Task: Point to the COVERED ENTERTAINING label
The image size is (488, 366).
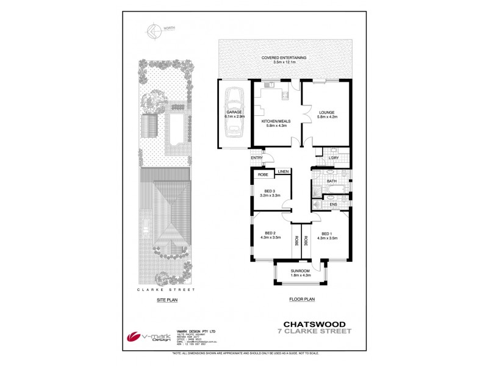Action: [284, 59]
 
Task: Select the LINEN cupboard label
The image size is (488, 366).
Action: [282, 172]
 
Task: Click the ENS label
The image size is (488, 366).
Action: [333, 205]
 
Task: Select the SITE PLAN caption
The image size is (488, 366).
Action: [167, 300]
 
